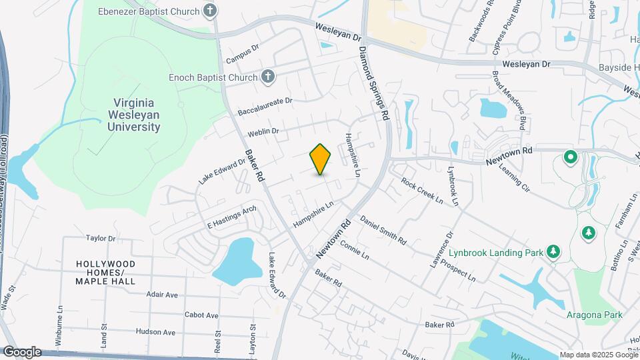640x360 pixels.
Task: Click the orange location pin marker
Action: (321, 159)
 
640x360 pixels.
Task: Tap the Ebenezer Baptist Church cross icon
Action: (210, 11)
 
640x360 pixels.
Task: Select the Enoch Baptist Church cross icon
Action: (267, 77)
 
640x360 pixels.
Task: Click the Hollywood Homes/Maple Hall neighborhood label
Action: (105, 272)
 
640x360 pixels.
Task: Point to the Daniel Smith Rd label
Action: (383, 230)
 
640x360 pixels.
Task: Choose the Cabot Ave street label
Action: (201, 315)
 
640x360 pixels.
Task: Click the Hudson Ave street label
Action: (156, 331)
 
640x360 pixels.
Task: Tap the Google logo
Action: (21, 351)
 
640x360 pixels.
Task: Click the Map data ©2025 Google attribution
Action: (598, 355)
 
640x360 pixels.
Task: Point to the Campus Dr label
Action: (241, 55)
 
